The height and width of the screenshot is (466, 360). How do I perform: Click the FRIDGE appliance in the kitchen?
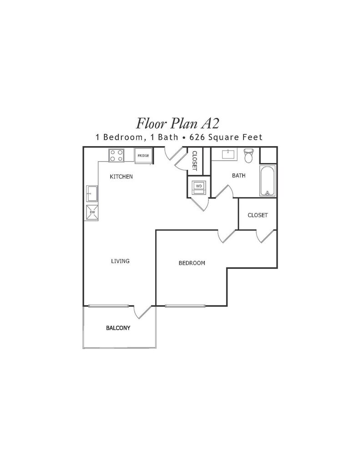pos(143,156)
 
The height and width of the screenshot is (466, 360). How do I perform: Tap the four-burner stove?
pos(116,156)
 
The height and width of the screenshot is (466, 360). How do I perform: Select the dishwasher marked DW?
pos(92,213)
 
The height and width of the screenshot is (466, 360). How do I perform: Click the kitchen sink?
pos(92,194)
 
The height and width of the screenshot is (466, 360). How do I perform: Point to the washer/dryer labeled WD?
pos(199,187)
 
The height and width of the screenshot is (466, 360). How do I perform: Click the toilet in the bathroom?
pos(248,155)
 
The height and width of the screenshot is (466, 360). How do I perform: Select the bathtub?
pos(268,181)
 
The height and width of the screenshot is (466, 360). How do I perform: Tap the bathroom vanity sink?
pos(228,155)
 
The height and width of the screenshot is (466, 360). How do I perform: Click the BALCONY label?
pos(118,328)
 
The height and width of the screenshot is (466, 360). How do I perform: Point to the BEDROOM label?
pos(192,263)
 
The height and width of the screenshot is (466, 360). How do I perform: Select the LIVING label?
pos(120,261)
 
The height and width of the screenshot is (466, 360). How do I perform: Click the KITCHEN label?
pos(121,177)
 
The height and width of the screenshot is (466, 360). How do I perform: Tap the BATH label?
pos(239,176)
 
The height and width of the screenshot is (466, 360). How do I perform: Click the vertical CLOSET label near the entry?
pos(195,161)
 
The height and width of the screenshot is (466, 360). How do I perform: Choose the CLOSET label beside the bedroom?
pos(258,215)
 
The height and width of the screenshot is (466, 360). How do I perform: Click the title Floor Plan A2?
pos(178,123)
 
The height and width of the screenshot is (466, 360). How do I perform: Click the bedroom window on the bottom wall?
pos(185,306)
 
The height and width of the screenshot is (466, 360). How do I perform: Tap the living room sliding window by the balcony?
pos(108,306)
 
